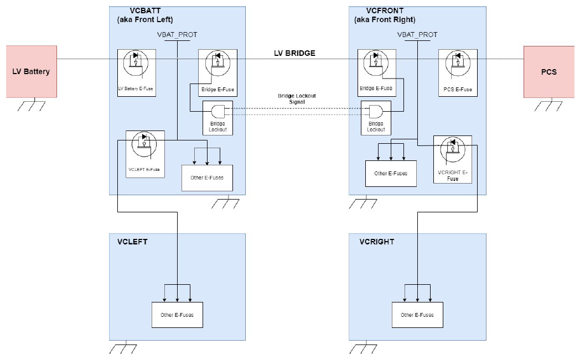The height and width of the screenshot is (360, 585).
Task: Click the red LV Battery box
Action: tap(31, 72)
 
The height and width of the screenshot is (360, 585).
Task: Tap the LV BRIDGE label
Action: tap(294, 54)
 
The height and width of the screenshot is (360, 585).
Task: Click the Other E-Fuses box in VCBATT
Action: tap(206, 178)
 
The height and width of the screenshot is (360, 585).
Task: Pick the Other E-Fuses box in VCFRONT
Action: tap(390, 173)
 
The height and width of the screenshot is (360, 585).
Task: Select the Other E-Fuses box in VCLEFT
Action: tap(177, 315)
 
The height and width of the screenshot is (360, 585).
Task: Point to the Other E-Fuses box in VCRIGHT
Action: tap(418, 315)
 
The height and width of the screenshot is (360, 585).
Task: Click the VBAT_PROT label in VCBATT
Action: tap(177, 34)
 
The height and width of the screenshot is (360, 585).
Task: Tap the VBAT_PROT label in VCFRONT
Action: tap(417, 34)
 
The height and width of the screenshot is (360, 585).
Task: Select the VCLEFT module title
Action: tap(132, 242)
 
